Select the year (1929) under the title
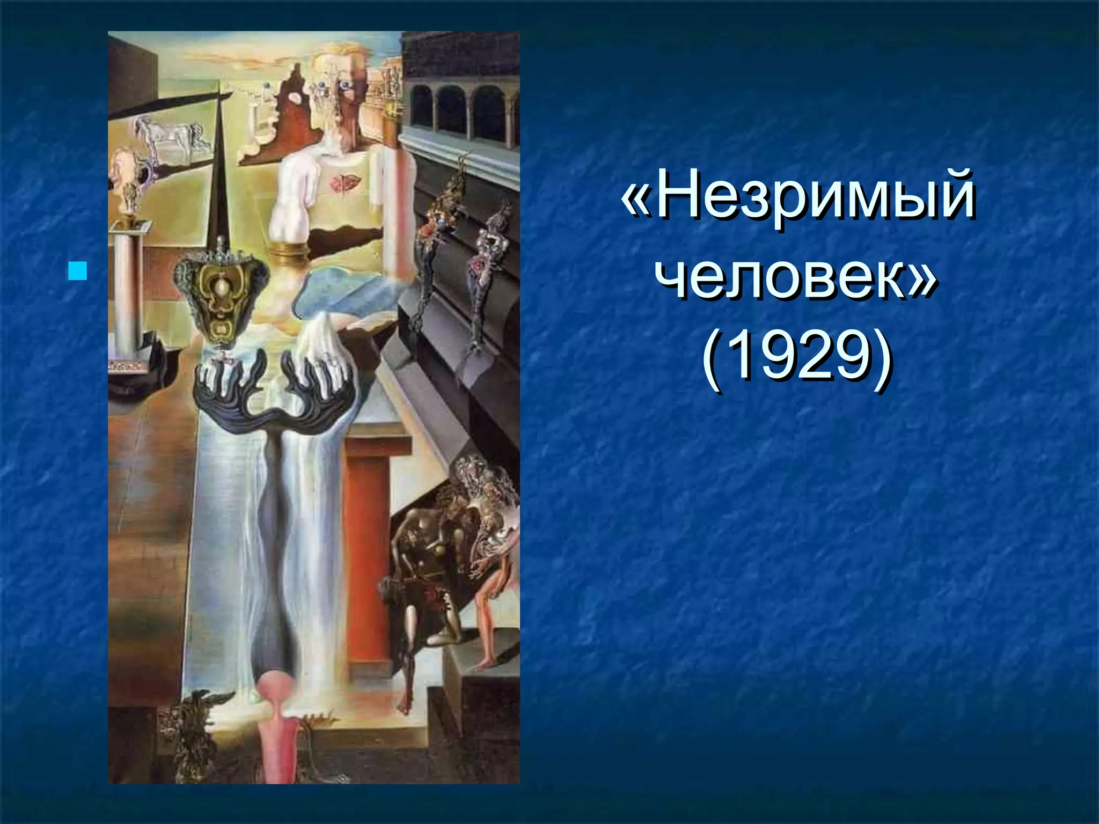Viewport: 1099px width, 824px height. point(797,357)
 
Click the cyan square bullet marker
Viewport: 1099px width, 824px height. point(78,271)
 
